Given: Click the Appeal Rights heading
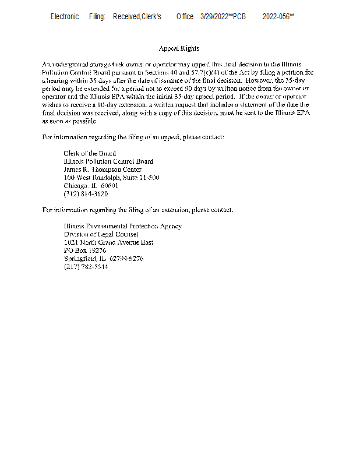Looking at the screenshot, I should pyautogui.click(x=179, y=48).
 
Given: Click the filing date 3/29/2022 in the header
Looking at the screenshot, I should pyautogui.click(x=214, y=16).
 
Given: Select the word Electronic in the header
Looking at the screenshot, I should pyautogui.click(x=65, y=16).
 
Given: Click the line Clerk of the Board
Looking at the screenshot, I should pyautogui.click(x=90, y=153).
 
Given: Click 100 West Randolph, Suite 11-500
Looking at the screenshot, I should pyautogui.click(x=111, y=178).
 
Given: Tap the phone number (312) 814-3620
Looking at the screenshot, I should pyautogui.click(x=86, y=194).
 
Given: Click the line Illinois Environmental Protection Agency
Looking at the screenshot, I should pyautogui.click(x=122, y=226).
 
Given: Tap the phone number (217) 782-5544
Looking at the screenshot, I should pyautogui.click(x=86, y=267).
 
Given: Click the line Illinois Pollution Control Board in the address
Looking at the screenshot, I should pyautogui.click(x=108, y=161).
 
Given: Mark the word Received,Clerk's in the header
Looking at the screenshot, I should pyautogui.click(x=137, y=16).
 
